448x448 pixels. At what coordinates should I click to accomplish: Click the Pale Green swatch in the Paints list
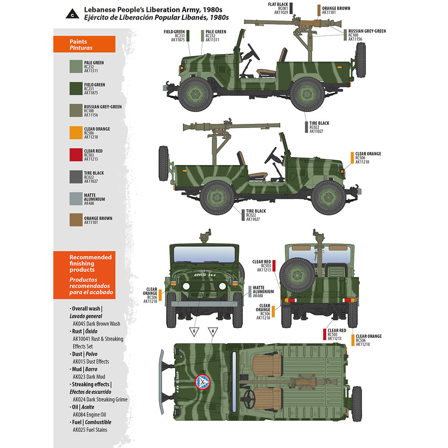(x=76, y=66)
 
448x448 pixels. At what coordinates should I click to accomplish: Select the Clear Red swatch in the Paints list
(x=76, y=155)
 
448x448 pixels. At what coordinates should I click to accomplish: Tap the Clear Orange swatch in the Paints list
(x=76, y=133)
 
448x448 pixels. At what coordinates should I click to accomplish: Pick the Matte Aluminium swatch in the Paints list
(x=76, y=199)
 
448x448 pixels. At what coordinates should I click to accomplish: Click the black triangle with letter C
(x=72, y=15)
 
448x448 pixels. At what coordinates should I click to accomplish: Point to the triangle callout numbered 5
(x=194, y=332)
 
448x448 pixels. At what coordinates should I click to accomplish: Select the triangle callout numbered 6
(x=213, y=332)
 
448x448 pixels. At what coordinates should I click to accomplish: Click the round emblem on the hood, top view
(x=203, y=382)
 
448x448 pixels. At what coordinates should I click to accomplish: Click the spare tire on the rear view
(x=297, y=276)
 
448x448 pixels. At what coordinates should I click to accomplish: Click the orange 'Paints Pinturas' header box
(x=84, y=44)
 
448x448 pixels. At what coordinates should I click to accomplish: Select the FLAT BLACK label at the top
(x=278, y=4)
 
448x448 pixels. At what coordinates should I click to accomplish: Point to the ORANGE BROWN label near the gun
(x=336, y=8)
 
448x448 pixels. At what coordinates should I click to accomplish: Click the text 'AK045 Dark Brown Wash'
(x=96, y=324)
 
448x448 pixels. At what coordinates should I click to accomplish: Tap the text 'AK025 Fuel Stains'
(x=90, y=430)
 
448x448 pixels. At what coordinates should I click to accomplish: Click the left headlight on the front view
(x=186, y=287)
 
